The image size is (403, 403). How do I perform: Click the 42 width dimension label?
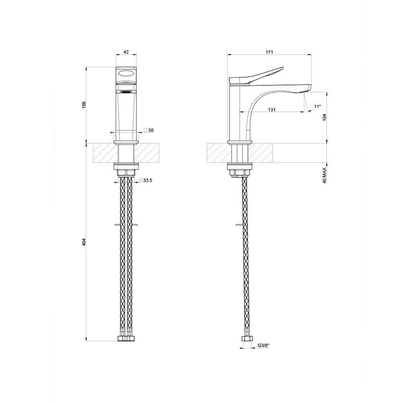(126, 53)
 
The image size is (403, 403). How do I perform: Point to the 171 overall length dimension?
(269, 53)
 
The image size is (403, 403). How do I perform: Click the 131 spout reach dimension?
(272, 110)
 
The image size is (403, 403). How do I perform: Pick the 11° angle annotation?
(317, 107)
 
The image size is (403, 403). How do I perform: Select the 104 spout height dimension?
(325, 117)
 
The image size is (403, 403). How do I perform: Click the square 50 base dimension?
(149, 130)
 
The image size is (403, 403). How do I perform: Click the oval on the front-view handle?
(126, 73)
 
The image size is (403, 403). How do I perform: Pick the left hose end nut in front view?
(121, 339)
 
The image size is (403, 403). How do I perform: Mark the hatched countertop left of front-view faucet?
(103, 153)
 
